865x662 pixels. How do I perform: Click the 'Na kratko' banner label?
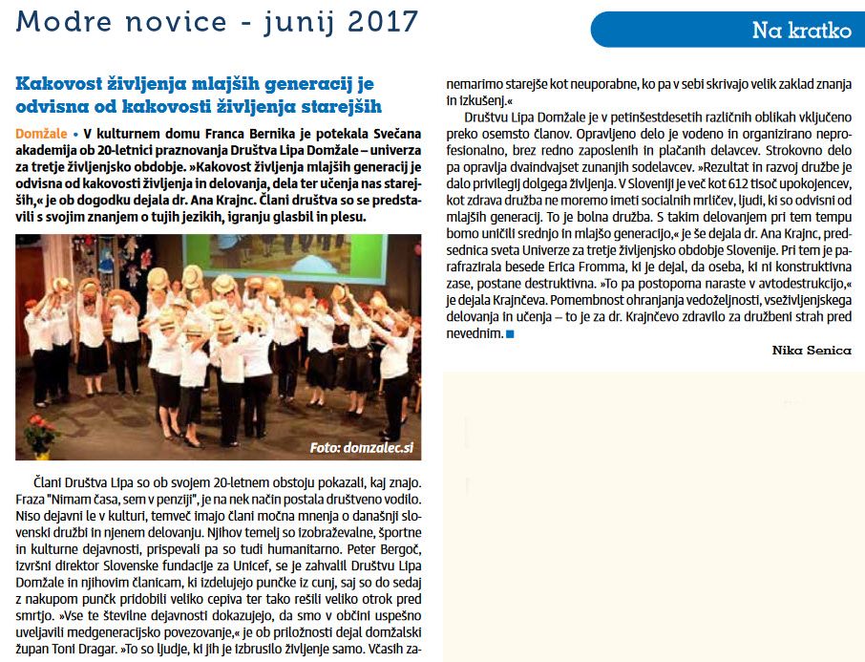coord(801,31)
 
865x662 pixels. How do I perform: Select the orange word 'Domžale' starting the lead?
coord(41,134)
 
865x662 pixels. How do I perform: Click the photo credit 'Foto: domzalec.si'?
coord(360,447)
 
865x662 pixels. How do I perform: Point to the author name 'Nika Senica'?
coord(811,351)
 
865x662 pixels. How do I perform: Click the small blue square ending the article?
coord(510,334)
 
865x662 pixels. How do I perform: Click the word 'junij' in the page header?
coord(278,21)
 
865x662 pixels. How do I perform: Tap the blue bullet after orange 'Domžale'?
coord(75,134)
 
